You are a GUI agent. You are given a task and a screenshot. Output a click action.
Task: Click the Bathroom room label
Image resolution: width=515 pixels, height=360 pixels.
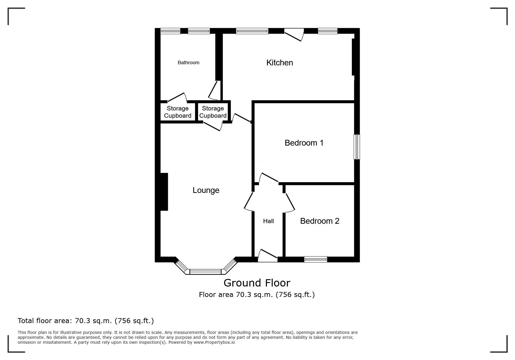pos(188,62)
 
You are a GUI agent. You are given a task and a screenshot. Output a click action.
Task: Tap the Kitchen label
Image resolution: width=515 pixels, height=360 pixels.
pos(279,62)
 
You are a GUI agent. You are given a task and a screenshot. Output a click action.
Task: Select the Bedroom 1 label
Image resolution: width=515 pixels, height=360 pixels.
pos(304,143)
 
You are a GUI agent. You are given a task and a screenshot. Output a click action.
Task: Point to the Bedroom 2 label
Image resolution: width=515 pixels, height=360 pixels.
pos(320,221)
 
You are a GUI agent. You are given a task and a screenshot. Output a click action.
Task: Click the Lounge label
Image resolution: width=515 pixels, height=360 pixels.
pos(206,190)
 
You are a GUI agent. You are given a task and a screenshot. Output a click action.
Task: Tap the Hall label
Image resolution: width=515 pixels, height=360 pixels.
pos(268,221)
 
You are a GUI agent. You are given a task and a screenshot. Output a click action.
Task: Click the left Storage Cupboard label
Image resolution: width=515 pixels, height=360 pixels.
pos(178,112)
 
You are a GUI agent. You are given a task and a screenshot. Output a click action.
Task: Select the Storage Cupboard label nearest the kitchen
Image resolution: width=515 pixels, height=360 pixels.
pos(213,112)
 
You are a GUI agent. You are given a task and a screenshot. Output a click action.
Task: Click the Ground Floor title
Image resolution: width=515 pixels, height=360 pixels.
pos(257,283)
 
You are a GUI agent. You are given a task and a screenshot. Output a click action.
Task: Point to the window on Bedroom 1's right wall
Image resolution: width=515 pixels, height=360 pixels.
pos(357,147)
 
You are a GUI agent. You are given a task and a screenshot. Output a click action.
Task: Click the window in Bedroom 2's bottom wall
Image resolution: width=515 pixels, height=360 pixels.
pos(316,259)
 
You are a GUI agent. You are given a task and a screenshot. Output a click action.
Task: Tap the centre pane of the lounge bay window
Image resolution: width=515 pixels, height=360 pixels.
pos(206,272)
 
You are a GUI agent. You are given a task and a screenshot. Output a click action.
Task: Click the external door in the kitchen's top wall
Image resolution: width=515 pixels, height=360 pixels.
pos(294,35)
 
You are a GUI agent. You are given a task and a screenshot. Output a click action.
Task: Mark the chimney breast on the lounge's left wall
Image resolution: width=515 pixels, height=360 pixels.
pos(164,192)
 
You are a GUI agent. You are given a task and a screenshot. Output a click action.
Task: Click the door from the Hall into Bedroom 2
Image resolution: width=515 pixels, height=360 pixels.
pos(289,202)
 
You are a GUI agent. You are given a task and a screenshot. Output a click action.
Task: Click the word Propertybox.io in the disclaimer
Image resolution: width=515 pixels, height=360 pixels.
pos(214,342)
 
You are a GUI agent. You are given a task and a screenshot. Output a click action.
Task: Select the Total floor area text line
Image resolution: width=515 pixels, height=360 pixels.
pos(86,321)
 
